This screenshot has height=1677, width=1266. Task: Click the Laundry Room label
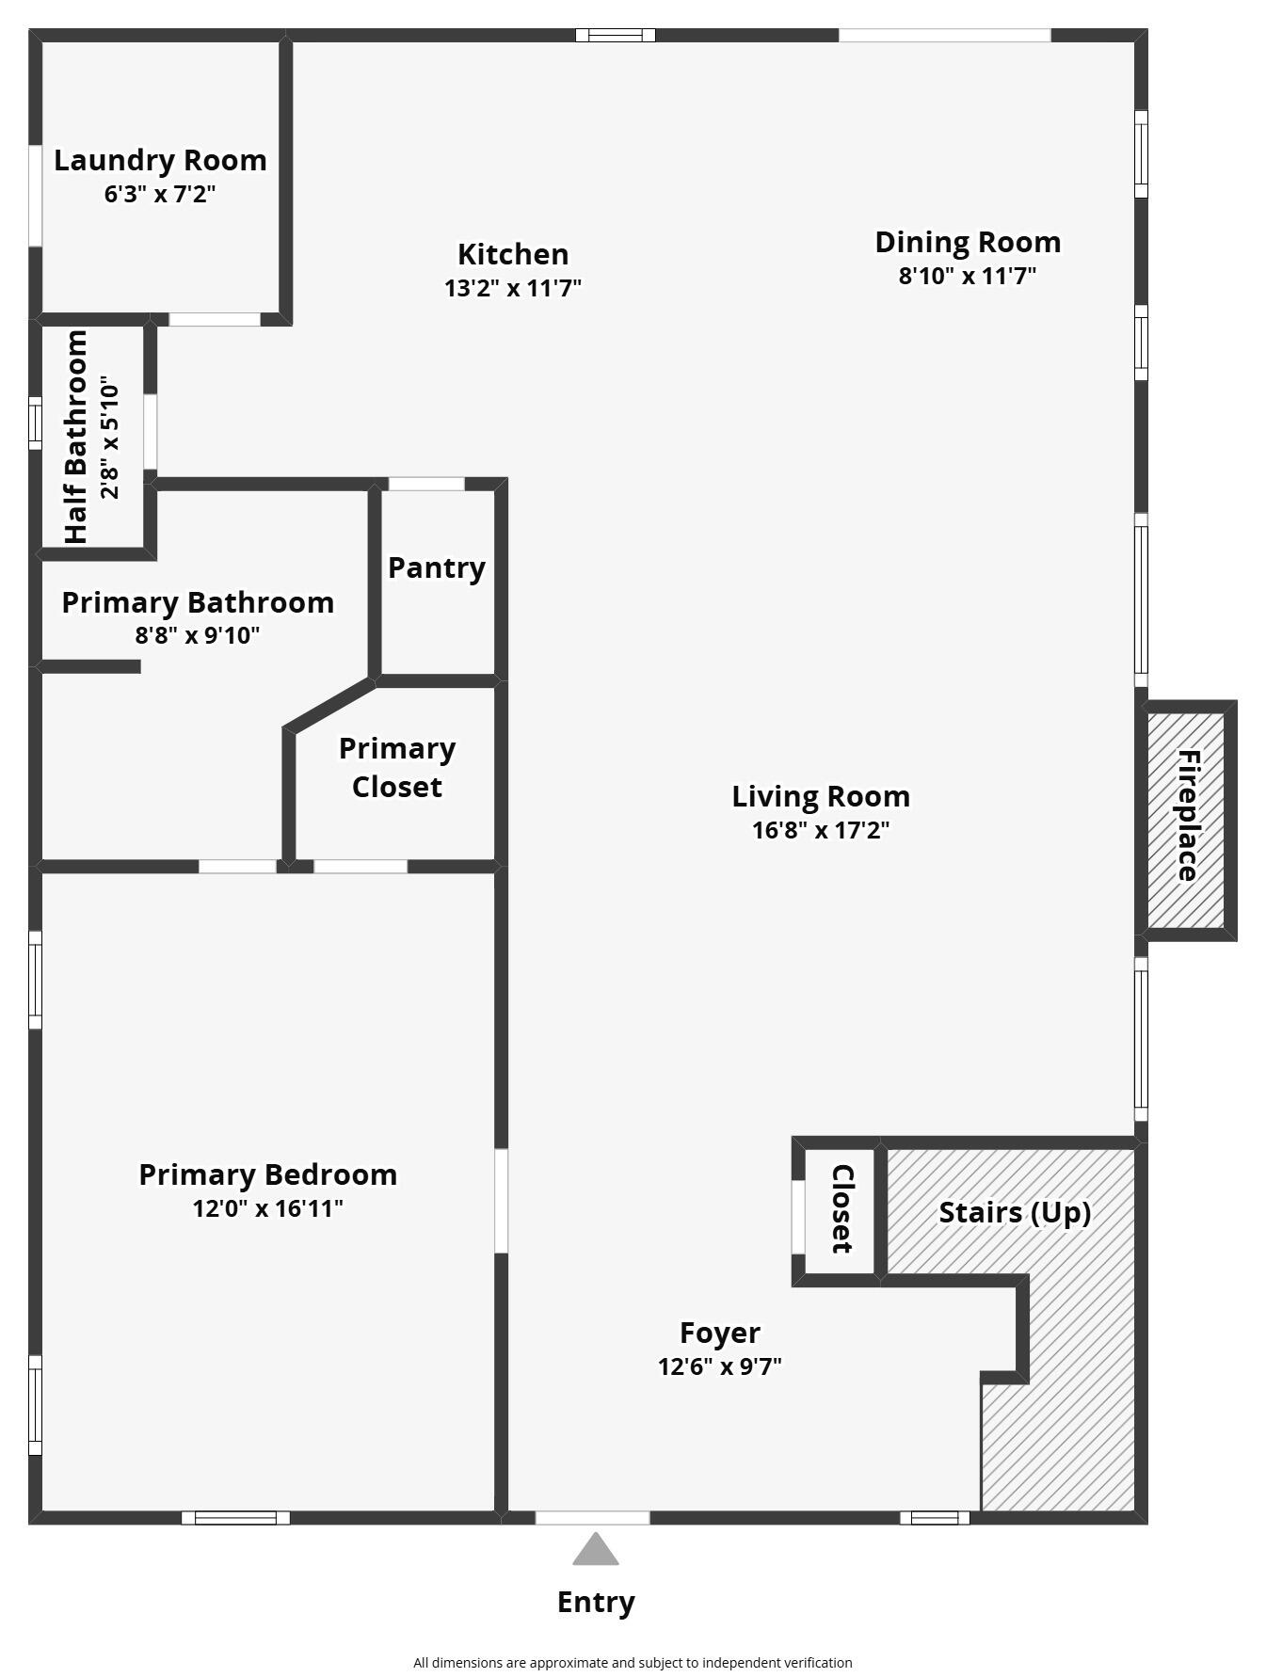pyautogui.click(x=160, y=160)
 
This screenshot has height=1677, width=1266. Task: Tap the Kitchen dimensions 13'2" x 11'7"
pyautogui.click(x=513, y=288)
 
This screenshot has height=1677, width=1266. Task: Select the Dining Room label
pyautogui.click(x=968, y=242)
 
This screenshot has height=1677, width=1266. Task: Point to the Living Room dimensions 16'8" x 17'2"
pyautogui.click(x=821, y=830)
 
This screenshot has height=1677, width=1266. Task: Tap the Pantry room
pyautogui.click(x=437, y=583)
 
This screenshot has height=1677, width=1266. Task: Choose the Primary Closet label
pyautogui.click(x=397, y=767)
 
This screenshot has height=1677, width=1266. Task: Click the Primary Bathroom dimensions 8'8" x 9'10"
pyautogui.click(x=198, y=635)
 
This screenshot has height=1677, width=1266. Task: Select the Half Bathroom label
pyautogui.click(x=76, y=437)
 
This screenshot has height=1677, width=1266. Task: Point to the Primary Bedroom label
pyautogui.click(x=267, y=1174)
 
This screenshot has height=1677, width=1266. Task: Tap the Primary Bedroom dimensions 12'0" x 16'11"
pyautogui.click(x=267, y=1208)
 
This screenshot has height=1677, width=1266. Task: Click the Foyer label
pyautogui.click(x=720, y=1333)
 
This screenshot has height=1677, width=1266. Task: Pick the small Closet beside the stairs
pyautogui.click(x=840, y=1209)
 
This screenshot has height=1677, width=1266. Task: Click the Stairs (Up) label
pyautogui.click(x=1015, y=1212)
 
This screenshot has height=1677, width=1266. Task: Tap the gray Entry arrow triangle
pyautogui.click(x=596, y=1551)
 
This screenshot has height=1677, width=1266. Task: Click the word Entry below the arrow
pyautogui.click(x=596, y=1602)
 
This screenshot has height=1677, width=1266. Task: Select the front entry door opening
pyautogui.click(x=592, y=1517)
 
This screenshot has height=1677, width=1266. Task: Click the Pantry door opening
pyautogui.click(x=426, y=484)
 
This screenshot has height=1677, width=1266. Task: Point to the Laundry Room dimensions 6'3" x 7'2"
pyautogui.click(x=160, y=195)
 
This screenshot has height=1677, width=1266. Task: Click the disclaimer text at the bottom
pyautogui.click(x=633, y=1663)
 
